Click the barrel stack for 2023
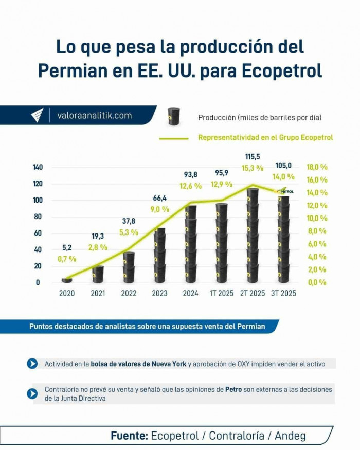point(160,255)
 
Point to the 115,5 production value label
point(253,157)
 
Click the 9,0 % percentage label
point(159,209)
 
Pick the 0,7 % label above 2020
point(67,259)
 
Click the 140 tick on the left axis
point(39,167)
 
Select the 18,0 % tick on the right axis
point(317,167)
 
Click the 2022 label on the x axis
point(129,293)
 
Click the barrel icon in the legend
point(174,117)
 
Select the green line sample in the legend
point(174,138)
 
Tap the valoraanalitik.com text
point(94,116)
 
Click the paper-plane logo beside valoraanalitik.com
point(38,116)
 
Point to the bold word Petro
point(233,389)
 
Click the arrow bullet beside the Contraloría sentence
point(32,393)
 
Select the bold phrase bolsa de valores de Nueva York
point(138,364)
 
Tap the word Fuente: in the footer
point(129,436)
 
